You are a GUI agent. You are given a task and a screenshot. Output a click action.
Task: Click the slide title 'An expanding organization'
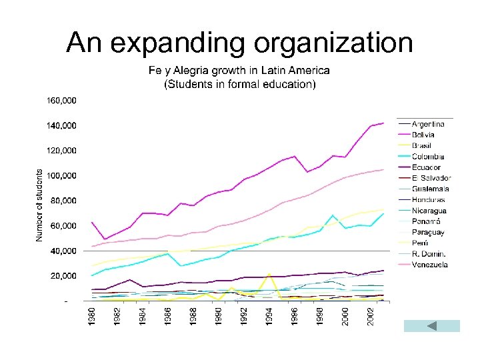coord(239,43)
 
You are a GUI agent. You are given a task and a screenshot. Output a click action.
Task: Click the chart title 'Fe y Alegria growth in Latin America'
coord(239,71)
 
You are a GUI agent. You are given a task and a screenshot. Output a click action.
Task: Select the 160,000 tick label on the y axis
coord(61,100)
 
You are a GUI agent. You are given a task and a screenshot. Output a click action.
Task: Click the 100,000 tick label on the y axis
coord(61,175)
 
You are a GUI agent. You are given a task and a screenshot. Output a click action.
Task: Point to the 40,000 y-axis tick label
coord(63,251)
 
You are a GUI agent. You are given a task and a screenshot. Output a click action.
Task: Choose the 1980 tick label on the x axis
coord(92,317)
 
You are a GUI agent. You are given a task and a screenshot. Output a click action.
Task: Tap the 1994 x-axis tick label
coord(269,317)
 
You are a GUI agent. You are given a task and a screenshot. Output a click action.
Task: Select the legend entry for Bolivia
coord(424,135)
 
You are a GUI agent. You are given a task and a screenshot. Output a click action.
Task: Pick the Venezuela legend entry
coord(430,265)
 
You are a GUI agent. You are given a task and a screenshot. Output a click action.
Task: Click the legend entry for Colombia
coord(427,157)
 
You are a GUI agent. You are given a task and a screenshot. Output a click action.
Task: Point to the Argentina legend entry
coord(428,125)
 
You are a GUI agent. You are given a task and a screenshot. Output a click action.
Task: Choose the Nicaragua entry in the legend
coord(429,211)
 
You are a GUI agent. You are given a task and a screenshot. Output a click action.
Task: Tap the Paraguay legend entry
coord(428,232)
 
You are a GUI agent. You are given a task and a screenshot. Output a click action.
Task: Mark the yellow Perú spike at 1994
coord(269,274)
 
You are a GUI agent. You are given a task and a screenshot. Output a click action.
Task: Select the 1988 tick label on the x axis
coord(193,317)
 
